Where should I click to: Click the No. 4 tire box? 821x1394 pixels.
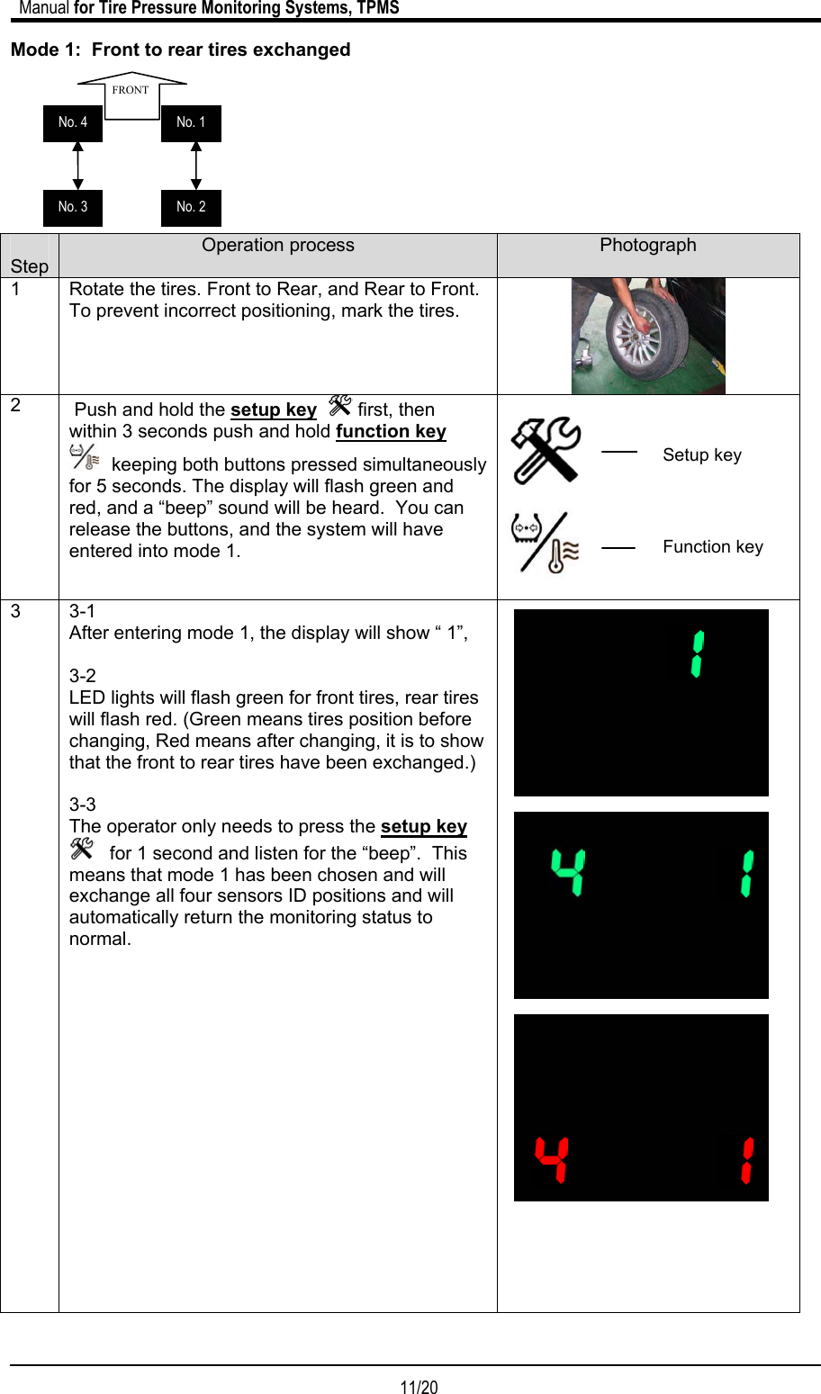pos(73,123)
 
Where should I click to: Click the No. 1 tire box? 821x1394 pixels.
pos(191,123)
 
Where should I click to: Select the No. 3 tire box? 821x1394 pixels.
pos(73,208)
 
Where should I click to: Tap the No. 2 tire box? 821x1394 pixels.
pos(191,208)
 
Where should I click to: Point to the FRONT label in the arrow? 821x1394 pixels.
pos(131,90)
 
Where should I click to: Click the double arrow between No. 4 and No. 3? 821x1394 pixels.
pos(78,166)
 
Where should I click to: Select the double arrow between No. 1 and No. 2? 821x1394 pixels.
pos(196,166)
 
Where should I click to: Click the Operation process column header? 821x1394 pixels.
pos(278,246)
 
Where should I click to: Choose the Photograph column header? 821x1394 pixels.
pos(648,246)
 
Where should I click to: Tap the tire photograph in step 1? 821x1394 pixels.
pos(648,336)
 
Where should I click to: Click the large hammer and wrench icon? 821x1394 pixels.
pos(546,450)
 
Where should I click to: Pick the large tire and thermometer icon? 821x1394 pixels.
pos(545,543)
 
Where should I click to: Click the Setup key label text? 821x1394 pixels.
pos(702,455)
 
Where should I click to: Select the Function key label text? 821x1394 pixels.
pos(713,547)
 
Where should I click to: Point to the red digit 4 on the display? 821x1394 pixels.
pos(552,1159)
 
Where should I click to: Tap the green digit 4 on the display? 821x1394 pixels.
pos(569,872)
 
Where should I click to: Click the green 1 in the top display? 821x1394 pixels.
pos(697,654)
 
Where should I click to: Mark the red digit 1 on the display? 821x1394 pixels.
pos(747,1160)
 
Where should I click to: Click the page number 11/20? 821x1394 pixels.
pos(419,1387)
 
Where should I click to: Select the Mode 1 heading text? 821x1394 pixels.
pos(181,50)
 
